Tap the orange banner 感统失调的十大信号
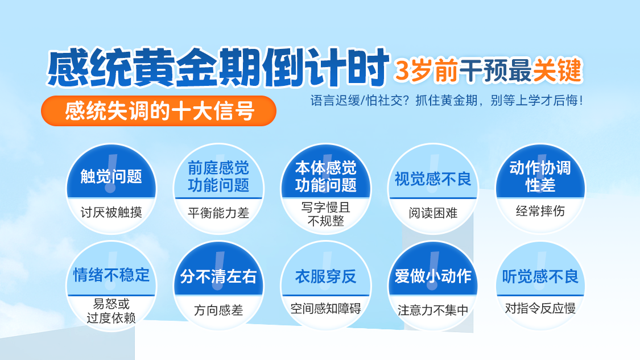pos(159,110)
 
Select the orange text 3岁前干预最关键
pos(488,71)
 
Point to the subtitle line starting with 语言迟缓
pos(447,101)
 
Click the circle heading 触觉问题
pos(111,176)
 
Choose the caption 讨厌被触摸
pos(111,212)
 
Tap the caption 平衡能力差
pos(218,213)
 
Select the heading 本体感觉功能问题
pos(326,176)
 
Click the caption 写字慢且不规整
pos(326,214)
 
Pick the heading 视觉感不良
pos(433,179)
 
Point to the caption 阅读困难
pos(433,213)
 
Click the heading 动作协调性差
pos(540,176)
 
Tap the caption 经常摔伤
pos(540,210)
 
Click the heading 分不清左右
pos(218,277)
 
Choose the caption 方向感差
pos(218,311)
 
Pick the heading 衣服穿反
pos(326,277)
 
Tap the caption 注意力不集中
pos(433,311)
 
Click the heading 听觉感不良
pos(540,277)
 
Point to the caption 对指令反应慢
pos(540,309)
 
